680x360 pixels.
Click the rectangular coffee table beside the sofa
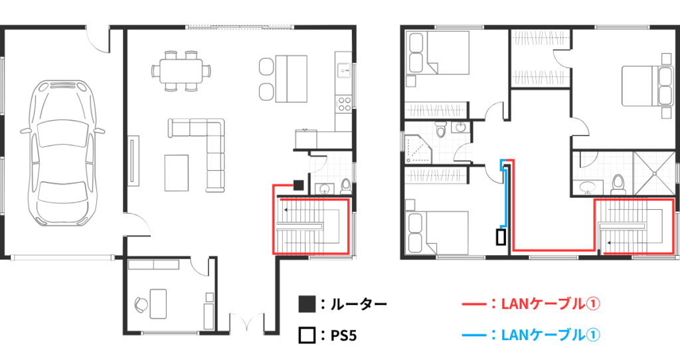[x=177, y=173]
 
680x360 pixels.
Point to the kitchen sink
[x=343, y=69]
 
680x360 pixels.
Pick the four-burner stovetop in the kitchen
[x=345, y=104]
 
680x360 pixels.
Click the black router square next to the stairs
[x=298, y=185]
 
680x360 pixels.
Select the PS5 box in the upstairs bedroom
[x=501, y=237]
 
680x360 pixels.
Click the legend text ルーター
[x=358, y=304]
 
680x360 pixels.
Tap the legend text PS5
[x=343, y=335]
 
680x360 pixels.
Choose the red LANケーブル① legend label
[x=551, y=304]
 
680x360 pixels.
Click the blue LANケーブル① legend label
[x=551, y=335]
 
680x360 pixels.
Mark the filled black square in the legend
[x=307, y=304]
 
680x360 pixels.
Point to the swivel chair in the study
[x=141, y=304]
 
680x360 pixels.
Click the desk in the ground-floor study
[x=158, y=304]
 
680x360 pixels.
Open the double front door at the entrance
[x=247, y=323]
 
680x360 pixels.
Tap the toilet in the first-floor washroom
[x=346, y=187]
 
